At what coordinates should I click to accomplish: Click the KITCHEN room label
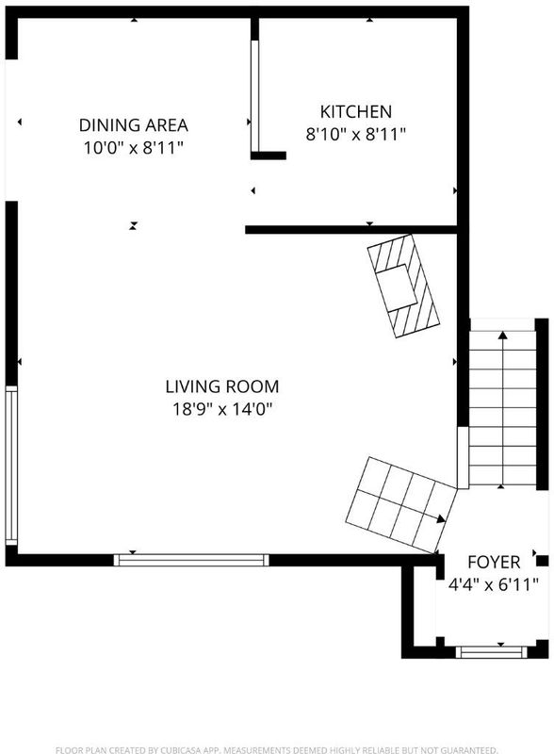(356, 111)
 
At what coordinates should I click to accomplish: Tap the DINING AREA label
(133, 125)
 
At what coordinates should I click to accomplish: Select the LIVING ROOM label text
(222, 386)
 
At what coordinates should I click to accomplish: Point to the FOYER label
(494, 562)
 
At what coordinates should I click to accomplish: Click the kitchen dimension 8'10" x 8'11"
(356, 134)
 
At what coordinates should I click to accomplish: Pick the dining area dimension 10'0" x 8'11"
(134, 148)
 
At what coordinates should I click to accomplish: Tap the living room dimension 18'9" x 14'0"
(222, 409)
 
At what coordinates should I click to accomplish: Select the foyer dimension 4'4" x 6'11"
(494, 584)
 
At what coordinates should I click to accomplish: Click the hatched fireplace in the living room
(403, 287)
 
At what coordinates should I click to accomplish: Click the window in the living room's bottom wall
(191, 560)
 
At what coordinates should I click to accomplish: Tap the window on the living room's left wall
(11, 466)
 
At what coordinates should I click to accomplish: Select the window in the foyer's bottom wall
(492, 652)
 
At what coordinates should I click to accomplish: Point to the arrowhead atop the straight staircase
(502, 335)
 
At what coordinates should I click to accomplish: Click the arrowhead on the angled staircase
(441, 519)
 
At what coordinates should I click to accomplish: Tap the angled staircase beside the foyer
(401, 505)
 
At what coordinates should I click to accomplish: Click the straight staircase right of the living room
(502, 408)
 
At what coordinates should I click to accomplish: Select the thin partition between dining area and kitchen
(255, 96)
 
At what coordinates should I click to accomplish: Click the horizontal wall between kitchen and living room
(351, 230)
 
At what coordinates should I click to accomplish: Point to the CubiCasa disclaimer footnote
(276, 749)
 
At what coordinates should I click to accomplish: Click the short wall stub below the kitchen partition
(269, 156)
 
